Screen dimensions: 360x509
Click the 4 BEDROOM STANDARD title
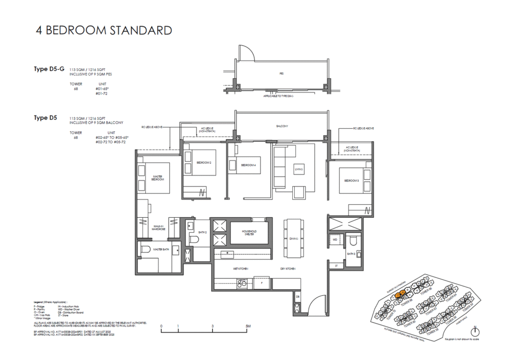[104, 30]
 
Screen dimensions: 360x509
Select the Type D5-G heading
[49, 69]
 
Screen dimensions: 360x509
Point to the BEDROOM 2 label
[204, 163]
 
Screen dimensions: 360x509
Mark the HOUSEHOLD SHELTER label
[249, 233]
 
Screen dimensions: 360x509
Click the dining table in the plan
[293, 238]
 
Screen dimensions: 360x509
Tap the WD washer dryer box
[335, 240]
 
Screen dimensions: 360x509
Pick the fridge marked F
[262, 283]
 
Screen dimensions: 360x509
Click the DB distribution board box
[298, 297]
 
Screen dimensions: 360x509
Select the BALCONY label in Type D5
[282, 126]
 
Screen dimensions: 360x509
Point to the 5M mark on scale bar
[248, 327]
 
